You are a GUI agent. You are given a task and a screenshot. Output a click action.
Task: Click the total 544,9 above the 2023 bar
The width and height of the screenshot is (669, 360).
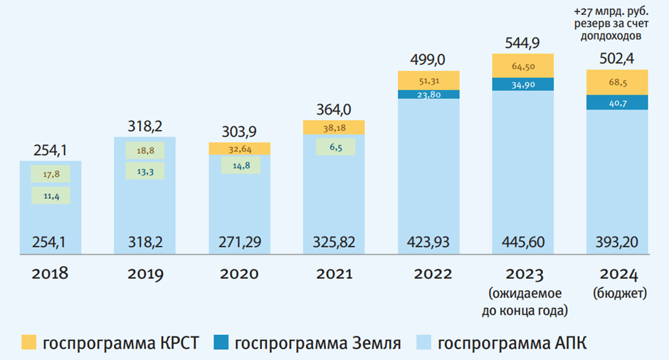[x=522, y=43]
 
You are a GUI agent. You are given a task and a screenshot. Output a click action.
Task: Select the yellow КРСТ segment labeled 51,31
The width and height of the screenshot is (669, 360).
[x=428, y=80]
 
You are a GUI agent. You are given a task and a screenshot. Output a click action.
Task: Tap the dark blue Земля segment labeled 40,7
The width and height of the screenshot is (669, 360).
[x=617, y=102]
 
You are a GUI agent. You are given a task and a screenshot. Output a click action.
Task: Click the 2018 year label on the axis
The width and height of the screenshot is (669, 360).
[x=50, y=273]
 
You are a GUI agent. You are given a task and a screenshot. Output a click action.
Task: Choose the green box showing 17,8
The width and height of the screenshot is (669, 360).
[x=50, y=174]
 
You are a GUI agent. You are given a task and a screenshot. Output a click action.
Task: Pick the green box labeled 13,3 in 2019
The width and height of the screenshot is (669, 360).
[x=144, y=171]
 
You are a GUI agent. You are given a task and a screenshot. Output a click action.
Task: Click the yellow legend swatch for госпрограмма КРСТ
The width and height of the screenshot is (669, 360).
[x=28, y=343]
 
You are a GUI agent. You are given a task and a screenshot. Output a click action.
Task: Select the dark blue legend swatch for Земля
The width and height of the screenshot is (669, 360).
[x=221, y=343]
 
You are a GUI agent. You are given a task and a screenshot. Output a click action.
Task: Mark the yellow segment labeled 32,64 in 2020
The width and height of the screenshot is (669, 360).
[x=239, y=149]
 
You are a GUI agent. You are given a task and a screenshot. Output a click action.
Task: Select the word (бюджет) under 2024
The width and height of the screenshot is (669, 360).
[x=617, y=292]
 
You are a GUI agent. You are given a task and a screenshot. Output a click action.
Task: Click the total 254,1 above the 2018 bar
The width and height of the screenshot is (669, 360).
[x=50, y=150]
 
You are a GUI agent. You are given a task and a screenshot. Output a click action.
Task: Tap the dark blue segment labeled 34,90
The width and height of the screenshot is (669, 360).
[x=522, y=84]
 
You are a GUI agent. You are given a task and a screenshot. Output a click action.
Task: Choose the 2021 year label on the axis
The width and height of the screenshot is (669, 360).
[x=334, y=273]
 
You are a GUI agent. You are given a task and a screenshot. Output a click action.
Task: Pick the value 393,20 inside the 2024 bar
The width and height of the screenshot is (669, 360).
[x=617, y=243]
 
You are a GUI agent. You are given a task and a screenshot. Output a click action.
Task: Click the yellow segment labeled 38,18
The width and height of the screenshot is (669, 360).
[x=334, y=127]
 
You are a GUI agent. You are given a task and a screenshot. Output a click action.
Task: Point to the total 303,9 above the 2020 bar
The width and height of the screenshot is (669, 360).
[x=239, y=132]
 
